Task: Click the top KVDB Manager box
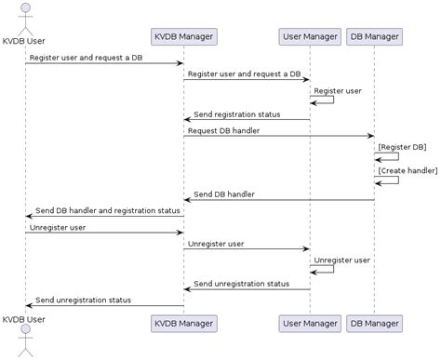[183, 37]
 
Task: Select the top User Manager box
[310, 37]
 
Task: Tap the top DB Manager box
[374, 37]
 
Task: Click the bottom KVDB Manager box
[183, 324]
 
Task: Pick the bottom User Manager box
[310, 324]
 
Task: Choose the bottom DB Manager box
[374, 324]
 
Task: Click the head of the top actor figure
[25, 7]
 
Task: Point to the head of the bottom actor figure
[25, 335]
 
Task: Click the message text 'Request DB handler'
[223, 131]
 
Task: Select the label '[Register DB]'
[403, 147]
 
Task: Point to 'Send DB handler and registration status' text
[108, 211]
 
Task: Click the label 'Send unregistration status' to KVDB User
[83, 300]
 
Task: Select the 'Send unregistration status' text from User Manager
[241, 284]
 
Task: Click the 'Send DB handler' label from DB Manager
[224, 194]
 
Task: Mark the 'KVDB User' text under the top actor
[25, 41]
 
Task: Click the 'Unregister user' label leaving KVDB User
[58, 227]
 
